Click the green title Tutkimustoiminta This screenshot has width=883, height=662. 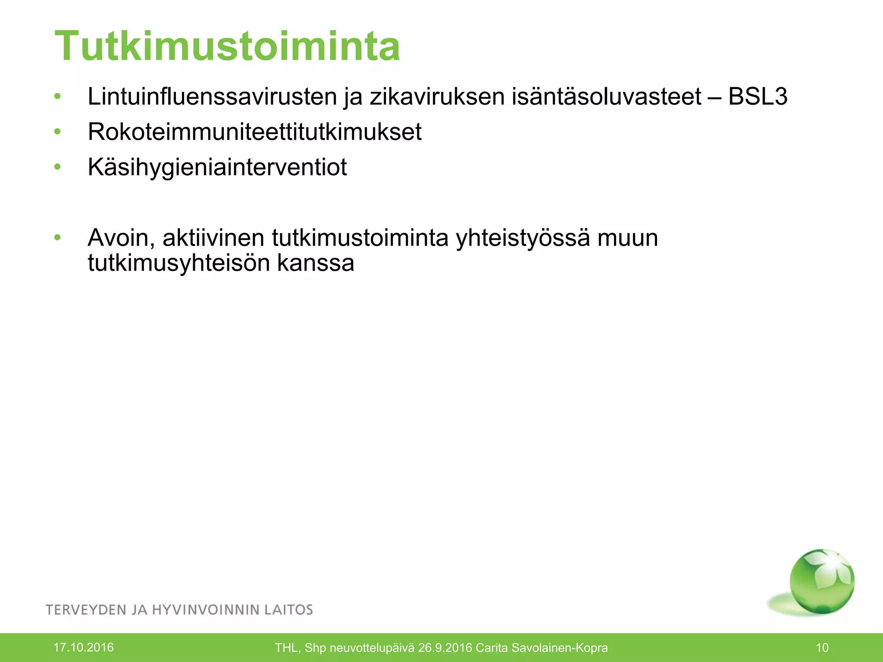pyautogui.click(x=228, y=46)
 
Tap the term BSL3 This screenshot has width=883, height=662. pyautogui.click(x=758, y=96)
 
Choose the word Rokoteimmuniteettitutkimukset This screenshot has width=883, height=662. pyautogui.click(x=254, y=131)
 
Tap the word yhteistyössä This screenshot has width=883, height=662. pyautogui.click(x=523, y=237)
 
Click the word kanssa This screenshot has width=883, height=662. pyautogui.click(x=316, y=263)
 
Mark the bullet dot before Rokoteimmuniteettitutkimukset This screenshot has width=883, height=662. pyautogui.click(x=57, y=131)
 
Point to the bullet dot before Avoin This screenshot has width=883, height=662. pyautogui.click(x=57, y=237)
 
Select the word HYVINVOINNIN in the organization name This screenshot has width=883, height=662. pyautogui.click(x=205, y=610)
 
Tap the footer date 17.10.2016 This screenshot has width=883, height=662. pyautogui.click(x=83, y=647)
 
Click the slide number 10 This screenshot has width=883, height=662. pyautogui.click(x=822, y=647)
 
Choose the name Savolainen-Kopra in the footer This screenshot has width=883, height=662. pyautogui.click(x=560, y=648)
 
